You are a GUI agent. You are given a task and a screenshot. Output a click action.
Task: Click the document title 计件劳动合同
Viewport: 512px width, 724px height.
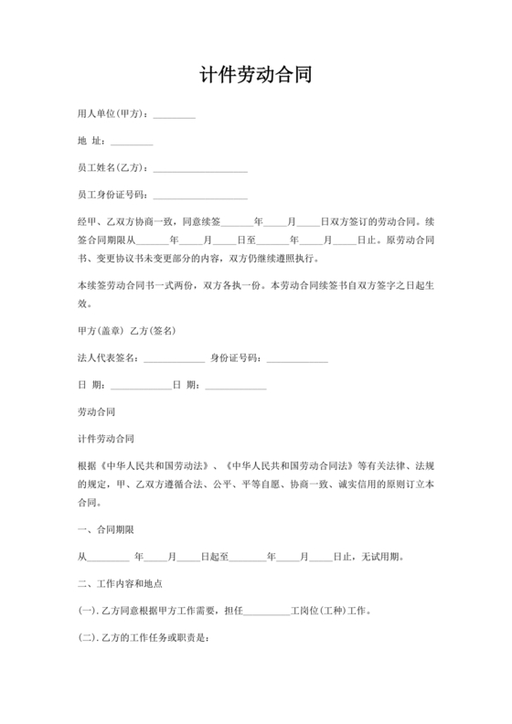[x=255, y=75]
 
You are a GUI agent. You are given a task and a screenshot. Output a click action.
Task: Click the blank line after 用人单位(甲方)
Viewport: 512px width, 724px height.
[x=174, y=116]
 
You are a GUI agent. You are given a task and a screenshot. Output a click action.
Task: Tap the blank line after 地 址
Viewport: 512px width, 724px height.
[x=131, y=143]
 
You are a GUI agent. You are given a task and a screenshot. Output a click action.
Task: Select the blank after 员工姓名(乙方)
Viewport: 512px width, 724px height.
[x=200, y=169]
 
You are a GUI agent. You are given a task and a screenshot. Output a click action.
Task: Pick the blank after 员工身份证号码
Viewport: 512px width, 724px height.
[x=200, y=196]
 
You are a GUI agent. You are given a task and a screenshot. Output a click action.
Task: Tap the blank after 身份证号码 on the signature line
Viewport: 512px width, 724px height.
[x=297, y=358]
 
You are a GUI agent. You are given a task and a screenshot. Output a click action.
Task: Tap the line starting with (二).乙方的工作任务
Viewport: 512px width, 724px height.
[x=145, y=637]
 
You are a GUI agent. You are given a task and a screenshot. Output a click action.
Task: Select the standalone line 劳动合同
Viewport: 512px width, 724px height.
[x=97, y=412]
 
